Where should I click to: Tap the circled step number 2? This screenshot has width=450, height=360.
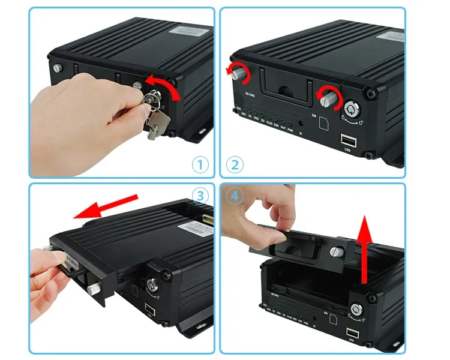[235, 164]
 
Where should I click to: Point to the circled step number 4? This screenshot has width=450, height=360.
[235, 196]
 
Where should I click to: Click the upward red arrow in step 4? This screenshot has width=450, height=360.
[364, 252]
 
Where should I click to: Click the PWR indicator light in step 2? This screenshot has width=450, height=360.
[291, 118]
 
